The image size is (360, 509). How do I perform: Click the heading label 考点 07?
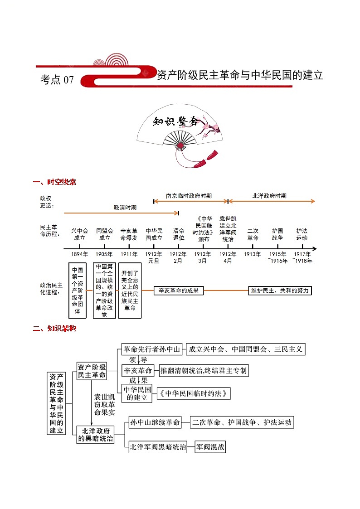click(x=57, y=80)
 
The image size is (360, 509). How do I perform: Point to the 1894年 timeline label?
click(x=80, y=254)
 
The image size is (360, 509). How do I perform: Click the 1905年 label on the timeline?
click(x=104, y=254)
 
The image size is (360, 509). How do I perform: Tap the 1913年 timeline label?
click(x=253, y=254)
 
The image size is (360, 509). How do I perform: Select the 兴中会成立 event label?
click(x=80, y=234)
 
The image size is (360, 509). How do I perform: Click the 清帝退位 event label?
click(x=179, y=234)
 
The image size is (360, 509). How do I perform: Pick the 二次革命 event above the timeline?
click(x=253, y=234)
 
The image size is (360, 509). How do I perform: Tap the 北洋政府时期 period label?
click(x=269, y=196)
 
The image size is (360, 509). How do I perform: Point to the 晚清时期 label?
click(x=125, y=207)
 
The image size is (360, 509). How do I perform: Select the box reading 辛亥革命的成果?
click(x=179, y=291)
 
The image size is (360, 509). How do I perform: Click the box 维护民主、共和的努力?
click(x=280, y=291)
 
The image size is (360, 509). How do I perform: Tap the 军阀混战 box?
click(x=210, y=447)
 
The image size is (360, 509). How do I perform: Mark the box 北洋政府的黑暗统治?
click(x=95, y=434)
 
